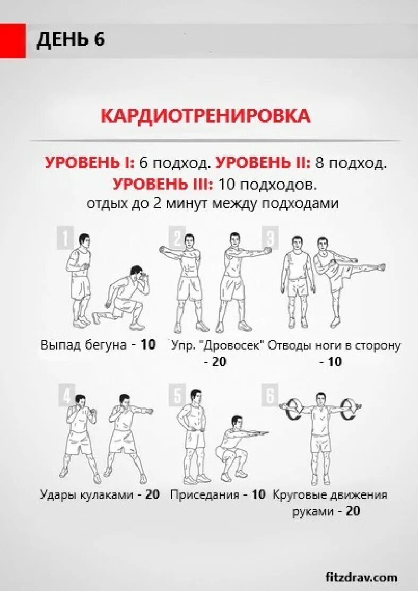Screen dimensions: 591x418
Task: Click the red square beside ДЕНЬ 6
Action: click(13, 40)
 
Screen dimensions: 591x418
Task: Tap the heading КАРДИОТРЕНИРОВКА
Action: click(206, 116)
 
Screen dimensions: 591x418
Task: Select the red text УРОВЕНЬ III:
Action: click(163, 185)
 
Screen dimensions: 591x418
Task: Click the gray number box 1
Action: click(65, 238)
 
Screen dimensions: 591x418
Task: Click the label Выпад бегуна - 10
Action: click(98, 345)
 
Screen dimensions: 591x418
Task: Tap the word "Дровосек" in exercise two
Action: click(234, 345)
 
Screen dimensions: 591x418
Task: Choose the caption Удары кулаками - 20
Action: click(100, 494)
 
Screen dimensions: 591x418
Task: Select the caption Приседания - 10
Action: click(217, 494)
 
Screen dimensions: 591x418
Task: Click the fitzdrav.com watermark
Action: click(361, 577)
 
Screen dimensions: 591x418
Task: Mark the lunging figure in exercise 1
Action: click(123, 297)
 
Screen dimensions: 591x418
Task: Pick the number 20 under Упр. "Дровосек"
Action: click(215, 362)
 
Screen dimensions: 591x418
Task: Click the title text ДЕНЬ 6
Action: click(71, 40)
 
